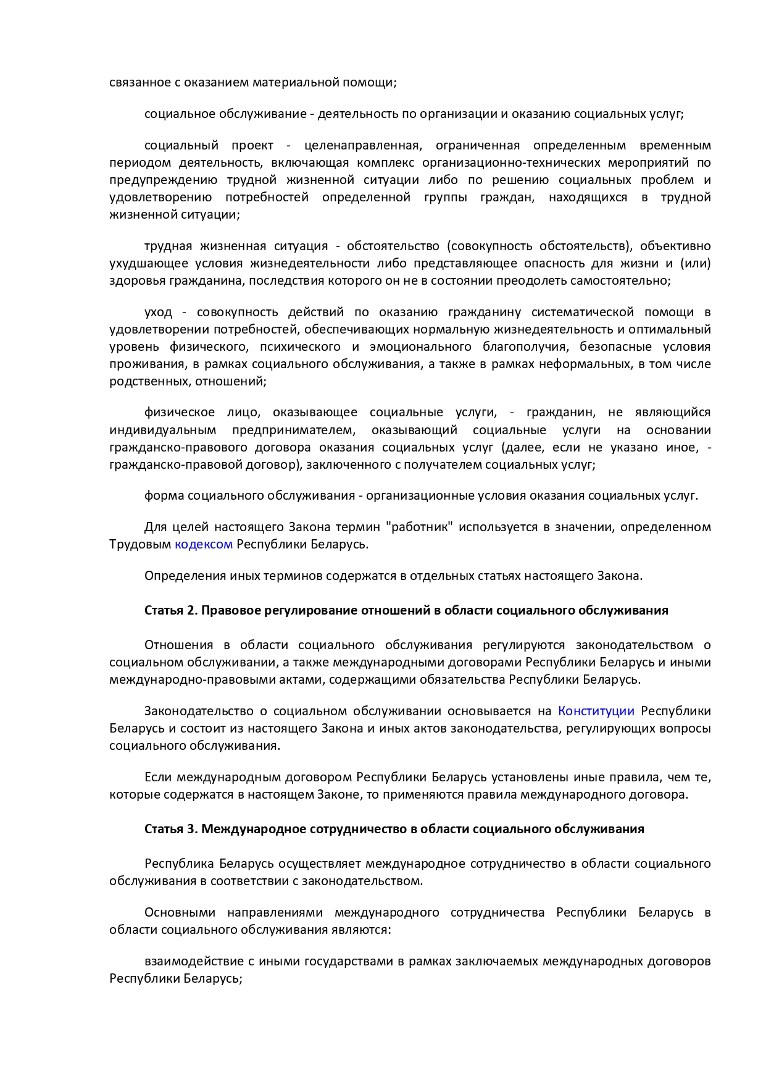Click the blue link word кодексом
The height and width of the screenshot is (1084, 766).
pyautogui.click(x=204, y=544)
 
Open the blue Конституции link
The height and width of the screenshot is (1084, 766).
pyautogui.click(x=596, y=711)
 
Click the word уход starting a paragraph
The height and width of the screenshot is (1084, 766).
pyautogui.click(x=158, y=312)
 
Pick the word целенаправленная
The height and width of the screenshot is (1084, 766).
pyautogui.click(x=362, y=145)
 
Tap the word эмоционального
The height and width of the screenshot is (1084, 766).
pyautogui.click(x=421, y=347)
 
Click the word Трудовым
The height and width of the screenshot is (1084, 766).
pyautogui.click(x=140, y=544)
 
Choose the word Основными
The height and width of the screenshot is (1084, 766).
pyautogui.click(x=180, y=912)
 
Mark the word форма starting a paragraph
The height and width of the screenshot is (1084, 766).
pyautogui.click(x=164, y=495)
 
